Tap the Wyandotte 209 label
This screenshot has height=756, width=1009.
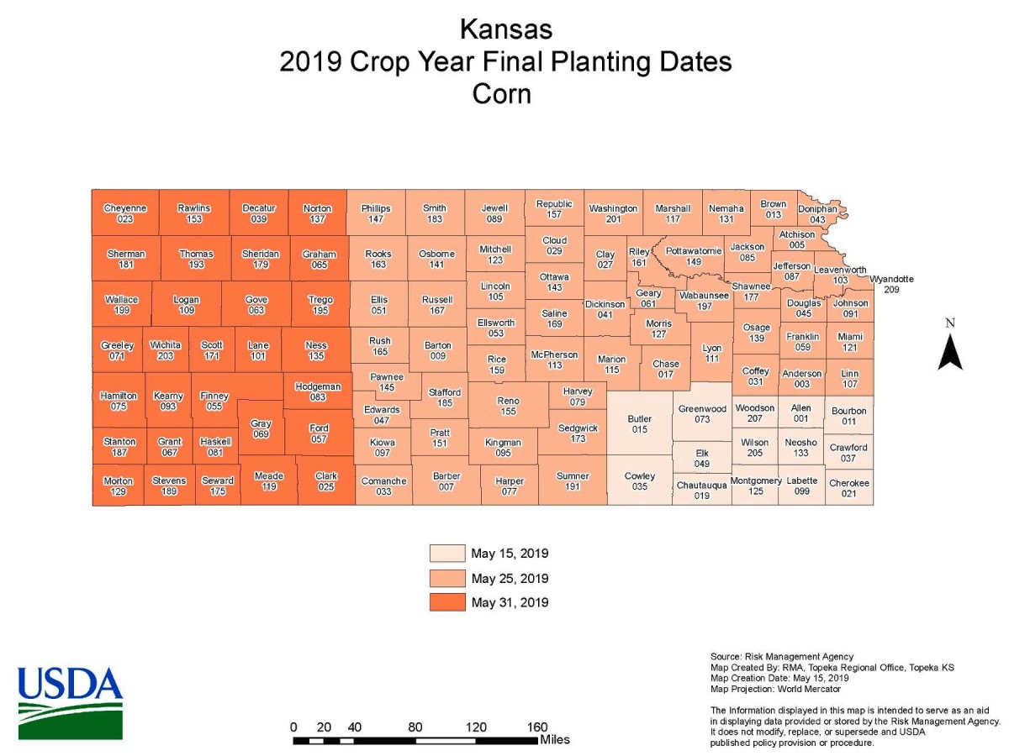891,284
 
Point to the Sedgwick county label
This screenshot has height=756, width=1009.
578,433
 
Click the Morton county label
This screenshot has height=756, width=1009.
118,486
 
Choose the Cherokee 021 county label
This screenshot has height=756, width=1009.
849,488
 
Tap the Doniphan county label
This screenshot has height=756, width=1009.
817,214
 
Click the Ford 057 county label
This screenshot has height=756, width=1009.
319,433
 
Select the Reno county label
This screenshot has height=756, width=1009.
508,407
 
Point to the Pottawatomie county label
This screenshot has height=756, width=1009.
694,256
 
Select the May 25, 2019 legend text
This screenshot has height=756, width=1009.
510,579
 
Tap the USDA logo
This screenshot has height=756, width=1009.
70,702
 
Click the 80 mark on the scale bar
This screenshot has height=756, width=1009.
415,727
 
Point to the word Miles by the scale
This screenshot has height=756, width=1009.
555,740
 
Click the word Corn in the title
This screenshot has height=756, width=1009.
502,93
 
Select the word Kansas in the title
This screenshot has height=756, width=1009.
505,30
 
